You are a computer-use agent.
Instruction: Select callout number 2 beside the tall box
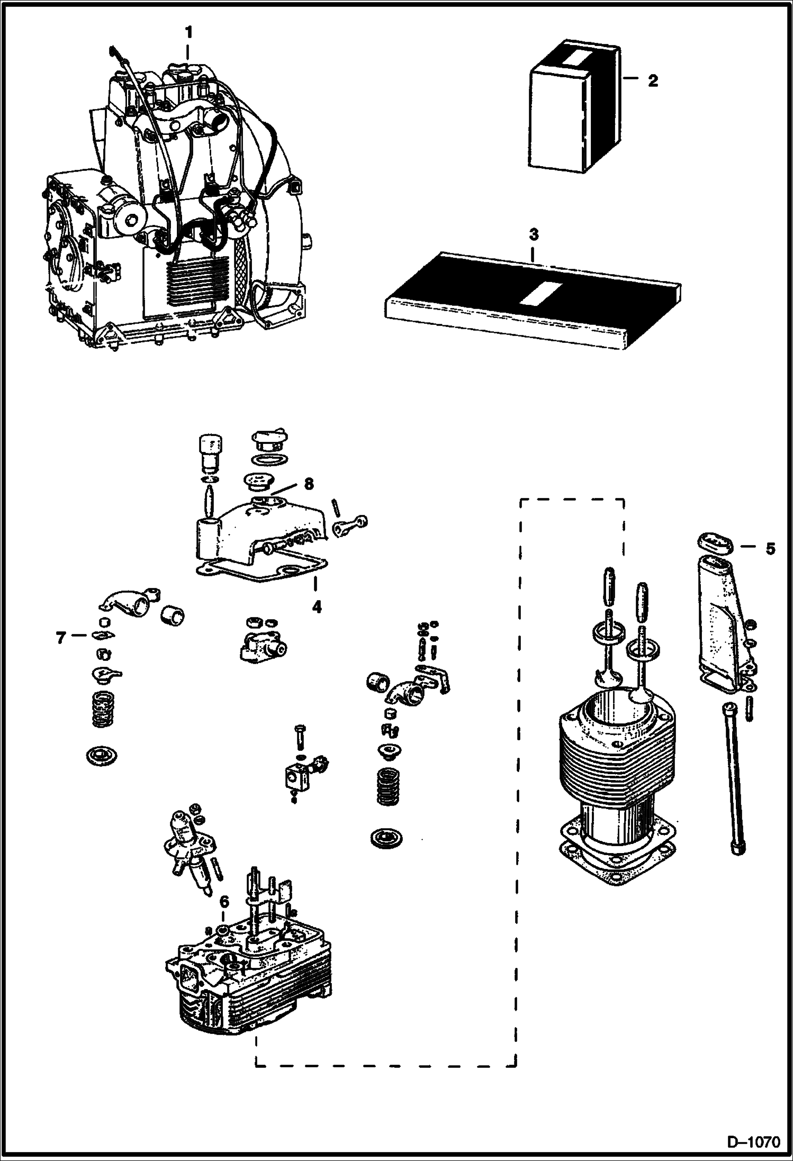(x=653, y=81)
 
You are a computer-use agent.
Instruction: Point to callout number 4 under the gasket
(x=316, y=606)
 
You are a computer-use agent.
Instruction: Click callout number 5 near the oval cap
(x=770, y=549)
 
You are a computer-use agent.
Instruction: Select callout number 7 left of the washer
(x=61, y=638)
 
